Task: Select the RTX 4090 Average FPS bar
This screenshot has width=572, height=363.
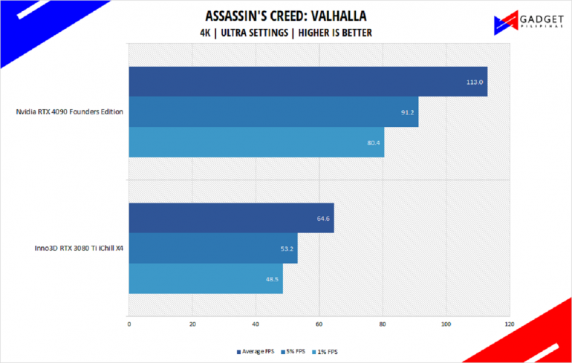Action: pos(308,82)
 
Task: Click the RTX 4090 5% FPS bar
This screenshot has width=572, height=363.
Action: pos(273,112)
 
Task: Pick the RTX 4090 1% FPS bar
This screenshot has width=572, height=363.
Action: pos(256,143)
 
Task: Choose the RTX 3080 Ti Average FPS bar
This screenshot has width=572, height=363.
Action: pos(231,218)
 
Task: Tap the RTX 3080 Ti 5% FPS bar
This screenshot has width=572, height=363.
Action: pos(213,249)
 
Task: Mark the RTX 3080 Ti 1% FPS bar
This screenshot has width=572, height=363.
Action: pos(206,279)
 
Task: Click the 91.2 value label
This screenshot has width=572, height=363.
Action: pos(407,112)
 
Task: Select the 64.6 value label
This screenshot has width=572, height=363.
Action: pos(322,218)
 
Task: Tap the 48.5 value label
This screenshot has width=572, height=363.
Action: pos(271,279)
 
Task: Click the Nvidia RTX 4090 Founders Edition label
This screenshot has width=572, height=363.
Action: pos(69,112)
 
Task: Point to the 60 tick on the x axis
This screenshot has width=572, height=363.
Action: pos(319,324)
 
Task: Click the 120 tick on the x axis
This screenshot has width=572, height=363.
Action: pos(509,324)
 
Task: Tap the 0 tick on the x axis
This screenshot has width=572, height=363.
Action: pos(129,324)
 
